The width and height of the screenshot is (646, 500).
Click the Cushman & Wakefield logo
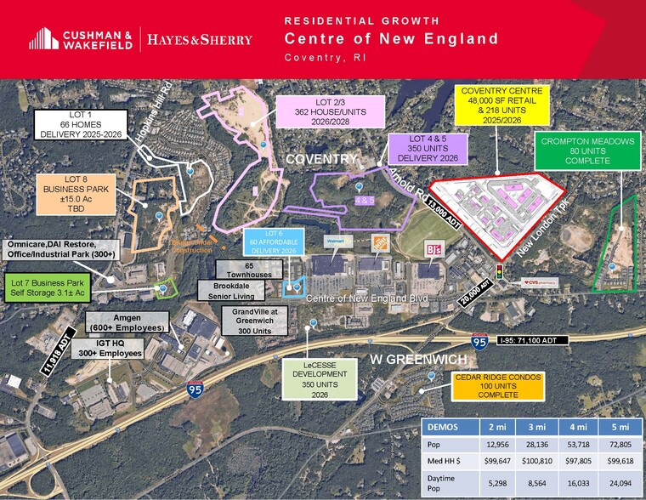[82, 38]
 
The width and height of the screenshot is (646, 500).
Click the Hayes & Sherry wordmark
[200, 39]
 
